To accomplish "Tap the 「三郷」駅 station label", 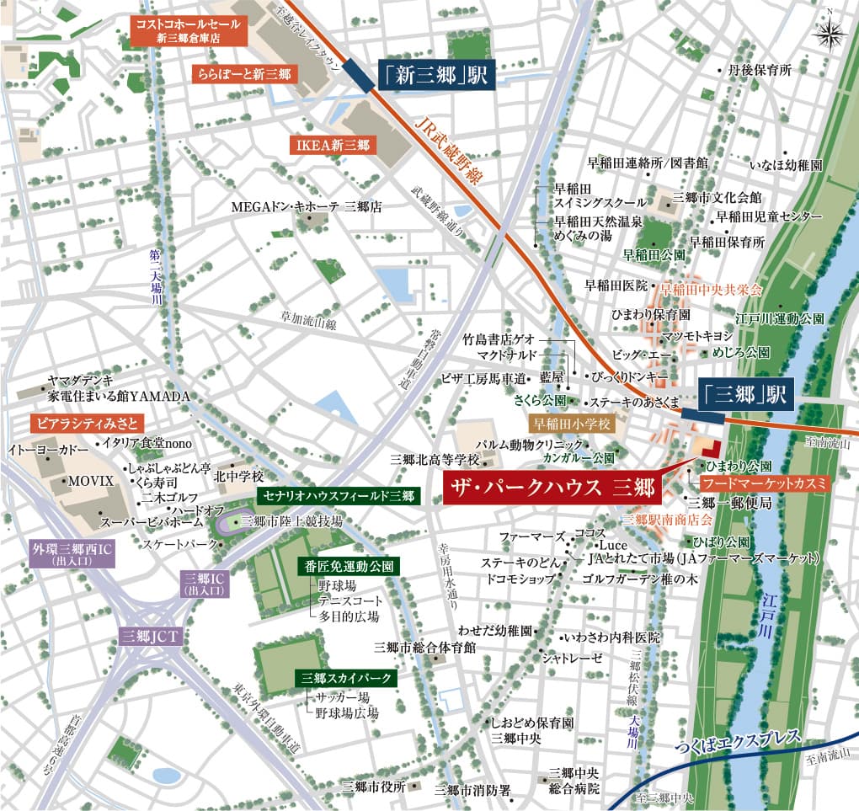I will point(745,393).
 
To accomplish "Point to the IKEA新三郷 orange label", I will point(333,145).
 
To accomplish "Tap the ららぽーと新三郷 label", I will point(244,73).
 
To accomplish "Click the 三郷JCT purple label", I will point(148,636).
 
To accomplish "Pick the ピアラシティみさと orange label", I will point(87,420).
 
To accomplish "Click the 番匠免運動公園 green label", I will point(348,566).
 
